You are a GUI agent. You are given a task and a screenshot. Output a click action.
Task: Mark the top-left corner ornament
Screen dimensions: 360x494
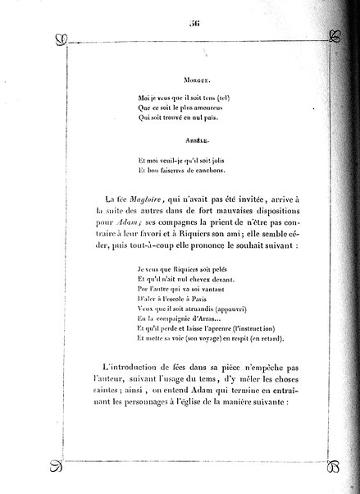point(57,39)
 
